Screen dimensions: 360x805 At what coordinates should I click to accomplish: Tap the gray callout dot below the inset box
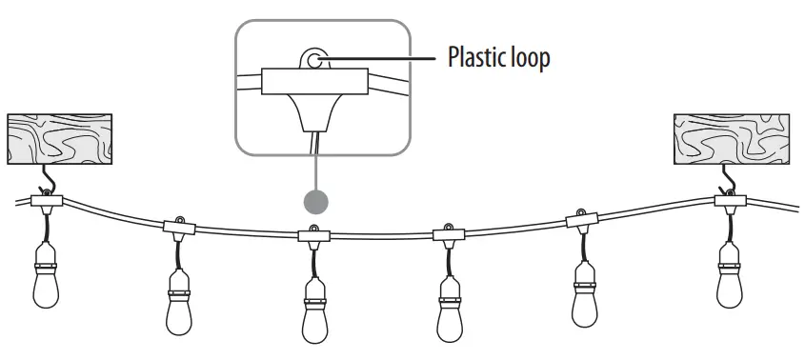(314, 201)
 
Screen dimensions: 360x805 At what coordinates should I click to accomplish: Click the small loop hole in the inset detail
(313, 59)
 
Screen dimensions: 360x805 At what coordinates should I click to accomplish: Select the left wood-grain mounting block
(59, 137)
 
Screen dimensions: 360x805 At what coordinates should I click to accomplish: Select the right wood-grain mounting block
(731, 137)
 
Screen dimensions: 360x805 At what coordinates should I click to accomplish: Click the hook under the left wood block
(45, 181)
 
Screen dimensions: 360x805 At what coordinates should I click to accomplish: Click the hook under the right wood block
(730, 181)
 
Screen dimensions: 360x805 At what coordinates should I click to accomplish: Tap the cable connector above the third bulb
(313, 233)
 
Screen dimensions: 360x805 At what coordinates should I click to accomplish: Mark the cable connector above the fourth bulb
(448, 232)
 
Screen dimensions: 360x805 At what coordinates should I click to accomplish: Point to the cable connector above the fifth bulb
(583, 220)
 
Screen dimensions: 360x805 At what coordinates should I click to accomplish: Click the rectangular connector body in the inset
(313, 80)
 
